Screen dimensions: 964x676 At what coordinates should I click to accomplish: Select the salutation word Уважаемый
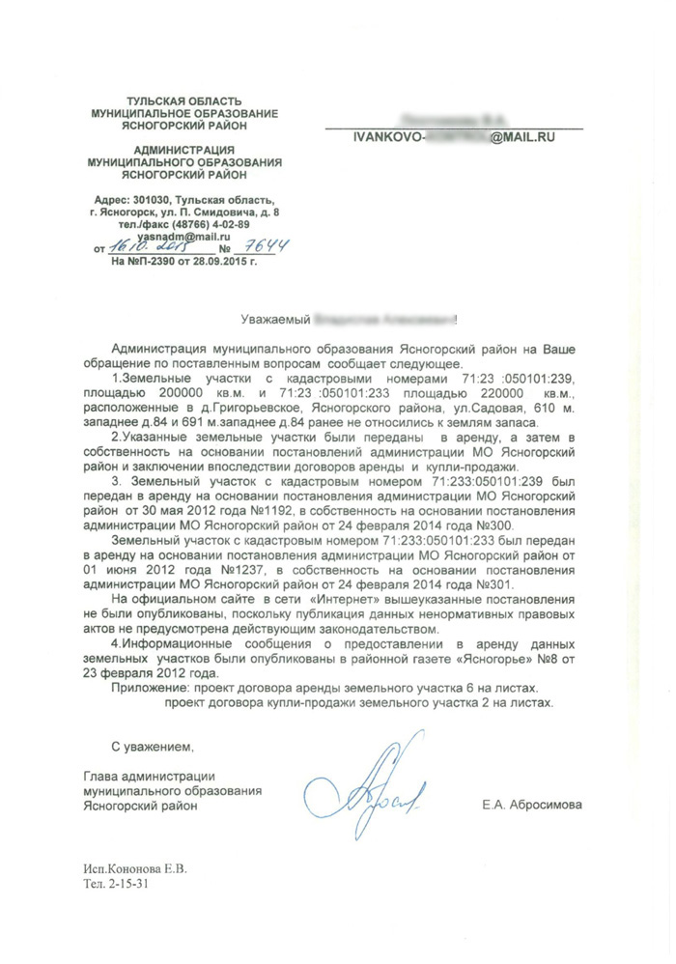click(x=274, y=318)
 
